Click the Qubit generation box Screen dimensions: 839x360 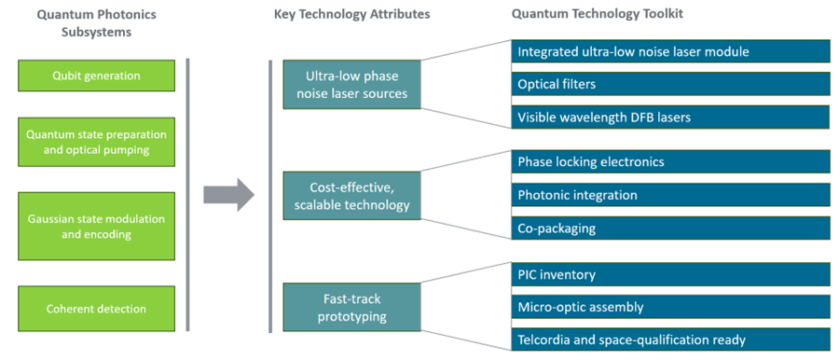coord(96,76)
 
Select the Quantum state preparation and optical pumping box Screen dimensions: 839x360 coord(96,142)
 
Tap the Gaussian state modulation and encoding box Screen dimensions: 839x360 coord(96,226)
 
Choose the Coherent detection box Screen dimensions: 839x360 coord(96,309)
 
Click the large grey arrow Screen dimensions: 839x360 coord(229,195)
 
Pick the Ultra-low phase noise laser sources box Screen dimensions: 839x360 coord(352,85)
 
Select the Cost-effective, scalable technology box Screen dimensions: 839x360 coord(352,196)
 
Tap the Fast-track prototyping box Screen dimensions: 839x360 coord(352,307)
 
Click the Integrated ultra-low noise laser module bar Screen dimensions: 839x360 coord(670,52)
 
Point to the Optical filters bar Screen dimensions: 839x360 coord(670,84)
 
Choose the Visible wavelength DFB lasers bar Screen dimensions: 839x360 coord(670,117)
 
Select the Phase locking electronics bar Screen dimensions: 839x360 coord(670,161)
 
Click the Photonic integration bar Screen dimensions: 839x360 coord(670,195)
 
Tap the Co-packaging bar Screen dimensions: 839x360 coord(670,228)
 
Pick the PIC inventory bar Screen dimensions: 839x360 coord(670,274)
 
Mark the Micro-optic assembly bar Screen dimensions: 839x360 coord(670,307)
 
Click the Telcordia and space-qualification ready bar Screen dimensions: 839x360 coord(670,339)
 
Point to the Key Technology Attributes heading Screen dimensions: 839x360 coord(352,15)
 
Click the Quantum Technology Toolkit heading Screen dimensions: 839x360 coord(598,14)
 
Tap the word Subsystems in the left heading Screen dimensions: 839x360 coord(96,32)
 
